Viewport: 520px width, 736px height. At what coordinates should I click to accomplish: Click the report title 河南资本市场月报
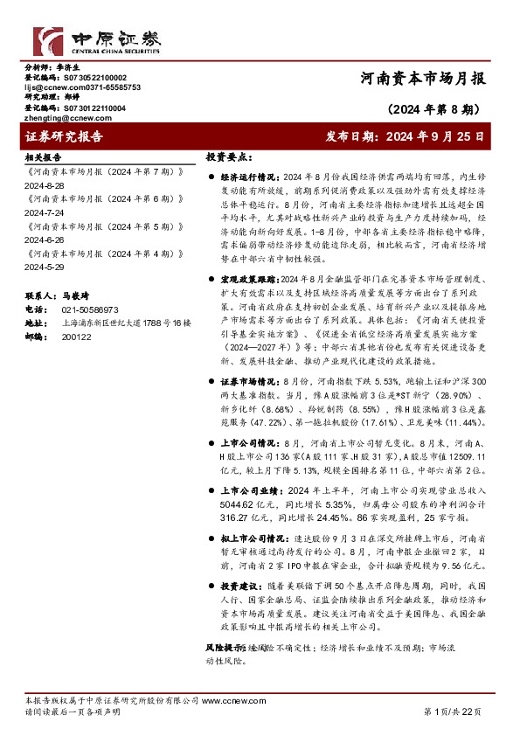click(x=422, y=78)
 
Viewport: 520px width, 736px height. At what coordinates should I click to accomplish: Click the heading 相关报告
click(x=42, y=156)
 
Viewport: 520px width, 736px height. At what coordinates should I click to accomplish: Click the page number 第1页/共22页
click(x=452, y=712)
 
